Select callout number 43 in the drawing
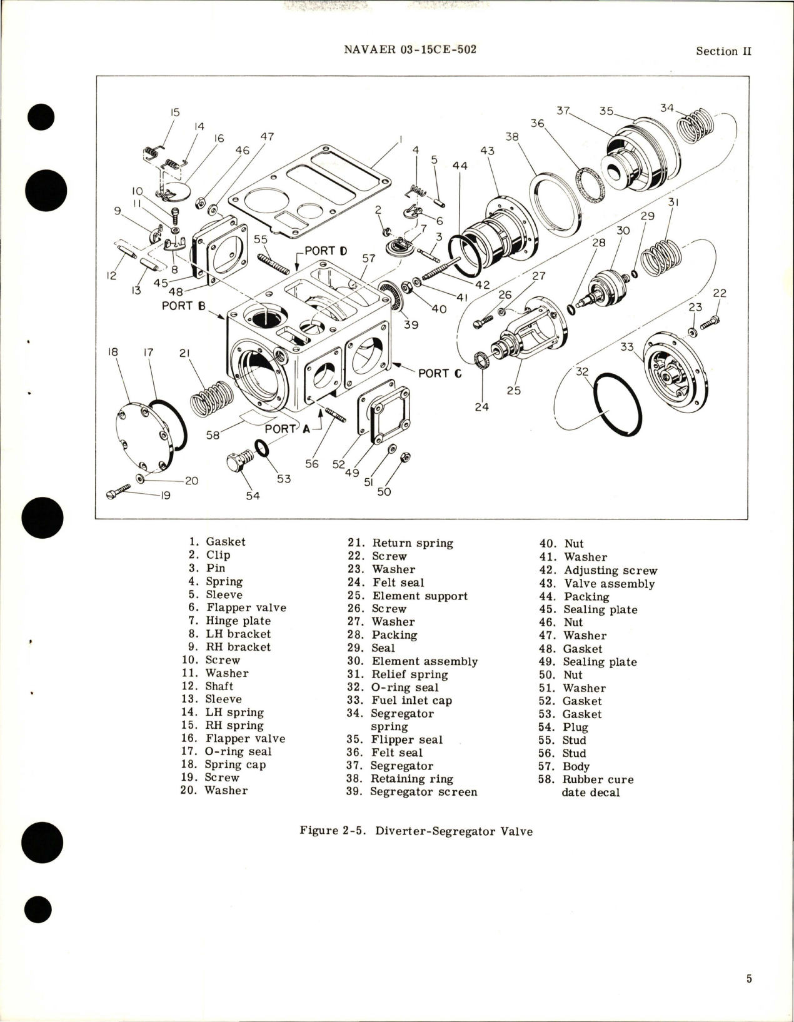pos(487,151)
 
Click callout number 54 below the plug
pos(253,496)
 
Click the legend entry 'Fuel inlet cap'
pos(411,701)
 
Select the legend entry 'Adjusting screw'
pos(610,570)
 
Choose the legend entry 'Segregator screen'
pos(423,792)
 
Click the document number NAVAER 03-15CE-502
pos(410,49)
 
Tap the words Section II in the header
pos(723,51)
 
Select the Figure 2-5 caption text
pos(416,831)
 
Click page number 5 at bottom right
pos(749,979)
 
